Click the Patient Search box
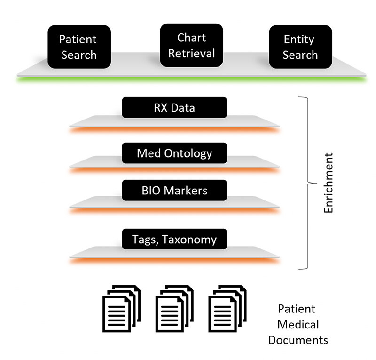click(79, 47)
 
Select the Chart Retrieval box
click(191, 45)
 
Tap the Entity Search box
click(300, 47)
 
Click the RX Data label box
click(174, 108)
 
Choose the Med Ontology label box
click(174, 153)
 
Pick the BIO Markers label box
click(174, 191)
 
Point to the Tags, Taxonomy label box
click(174, 239)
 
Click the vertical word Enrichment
click(329, 182)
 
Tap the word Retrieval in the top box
click(191, 54)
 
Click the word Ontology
click(188, 153)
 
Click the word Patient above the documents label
click(297, 309)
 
